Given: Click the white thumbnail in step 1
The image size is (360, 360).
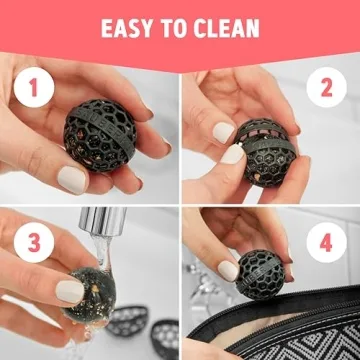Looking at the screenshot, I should [x=71, y=177].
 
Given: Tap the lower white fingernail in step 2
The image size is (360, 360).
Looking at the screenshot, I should [x=233, y=154].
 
